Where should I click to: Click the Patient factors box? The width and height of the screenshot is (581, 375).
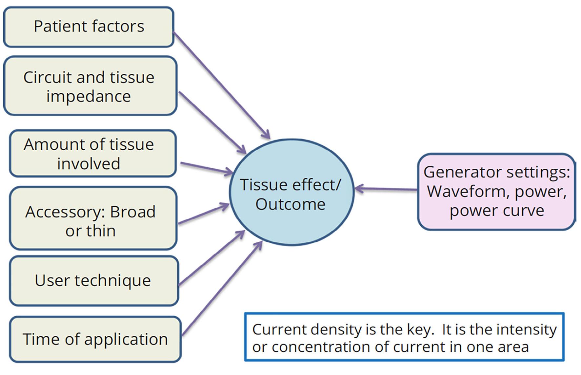pos(89,27)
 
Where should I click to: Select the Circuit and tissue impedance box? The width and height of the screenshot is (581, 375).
pos(90,86)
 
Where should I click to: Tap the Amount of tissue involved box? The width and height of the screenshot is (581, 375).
pos(93,153)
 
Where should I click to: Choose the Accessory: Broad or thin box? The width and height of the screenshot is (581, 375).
pos(93,218)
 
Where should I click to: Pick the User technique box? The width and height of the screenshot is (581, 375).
pos(94,281)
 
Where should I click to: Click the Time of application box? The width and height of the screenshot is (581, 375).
pos(95,339)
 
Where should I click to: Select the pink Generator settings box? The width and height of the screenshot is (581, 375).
pos(496,192)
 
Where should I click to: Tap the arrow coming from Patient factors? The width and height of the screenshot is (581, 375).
pos(221,84)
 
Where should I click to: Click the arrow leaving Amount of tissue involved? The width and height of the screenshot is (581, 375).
pos(207,167)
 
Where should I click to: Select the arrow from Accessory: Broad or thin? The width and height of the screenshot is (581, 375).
pos(203,215)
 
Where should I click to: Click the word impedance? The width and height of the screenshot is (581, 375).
pos(89,97)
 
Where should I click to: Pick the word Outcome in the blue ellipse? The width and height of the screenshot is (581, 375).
pos(290,204)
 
